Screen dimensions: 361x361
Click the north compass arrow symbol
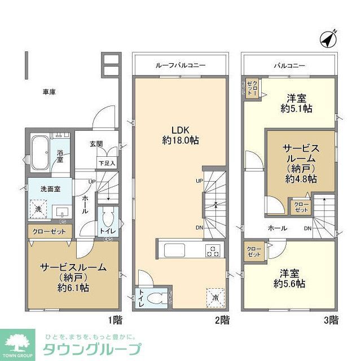click(x=328, y=39)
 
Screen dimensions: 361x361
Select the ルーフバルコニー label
click(x=180, y=66)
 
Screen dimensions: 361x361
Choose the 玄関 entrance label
click(x=96, y=144)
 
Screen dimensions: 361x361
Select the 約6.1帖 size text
click(x=72, y=288)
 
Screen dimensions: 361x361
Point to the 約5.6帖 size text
click(x=289, y=284)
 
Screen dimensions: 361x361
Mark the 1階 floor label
click(x=115, y=320)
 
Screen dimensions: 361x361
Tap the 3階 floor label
click(x=331, y=320)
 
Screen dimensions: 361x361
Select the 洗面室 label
click(x=42, y=190)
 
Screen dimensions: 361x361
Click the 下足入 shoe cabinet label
click(x=107, y=164)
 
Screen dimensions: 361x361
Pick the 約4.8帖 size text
click(x=301, y=178)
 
